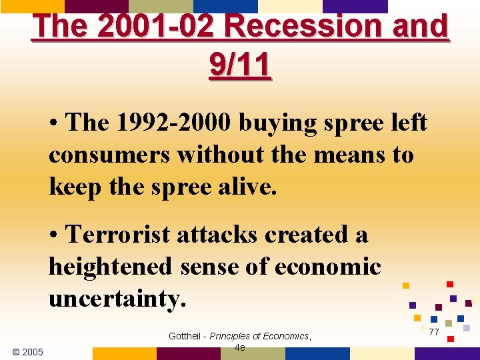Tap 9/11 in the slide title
pos(240,65)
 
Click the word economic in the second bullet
pos(327,267)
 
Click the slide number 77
pos(434,332)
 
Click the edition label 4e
pos(240,348)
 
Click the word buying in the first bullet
pos(274,123)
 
